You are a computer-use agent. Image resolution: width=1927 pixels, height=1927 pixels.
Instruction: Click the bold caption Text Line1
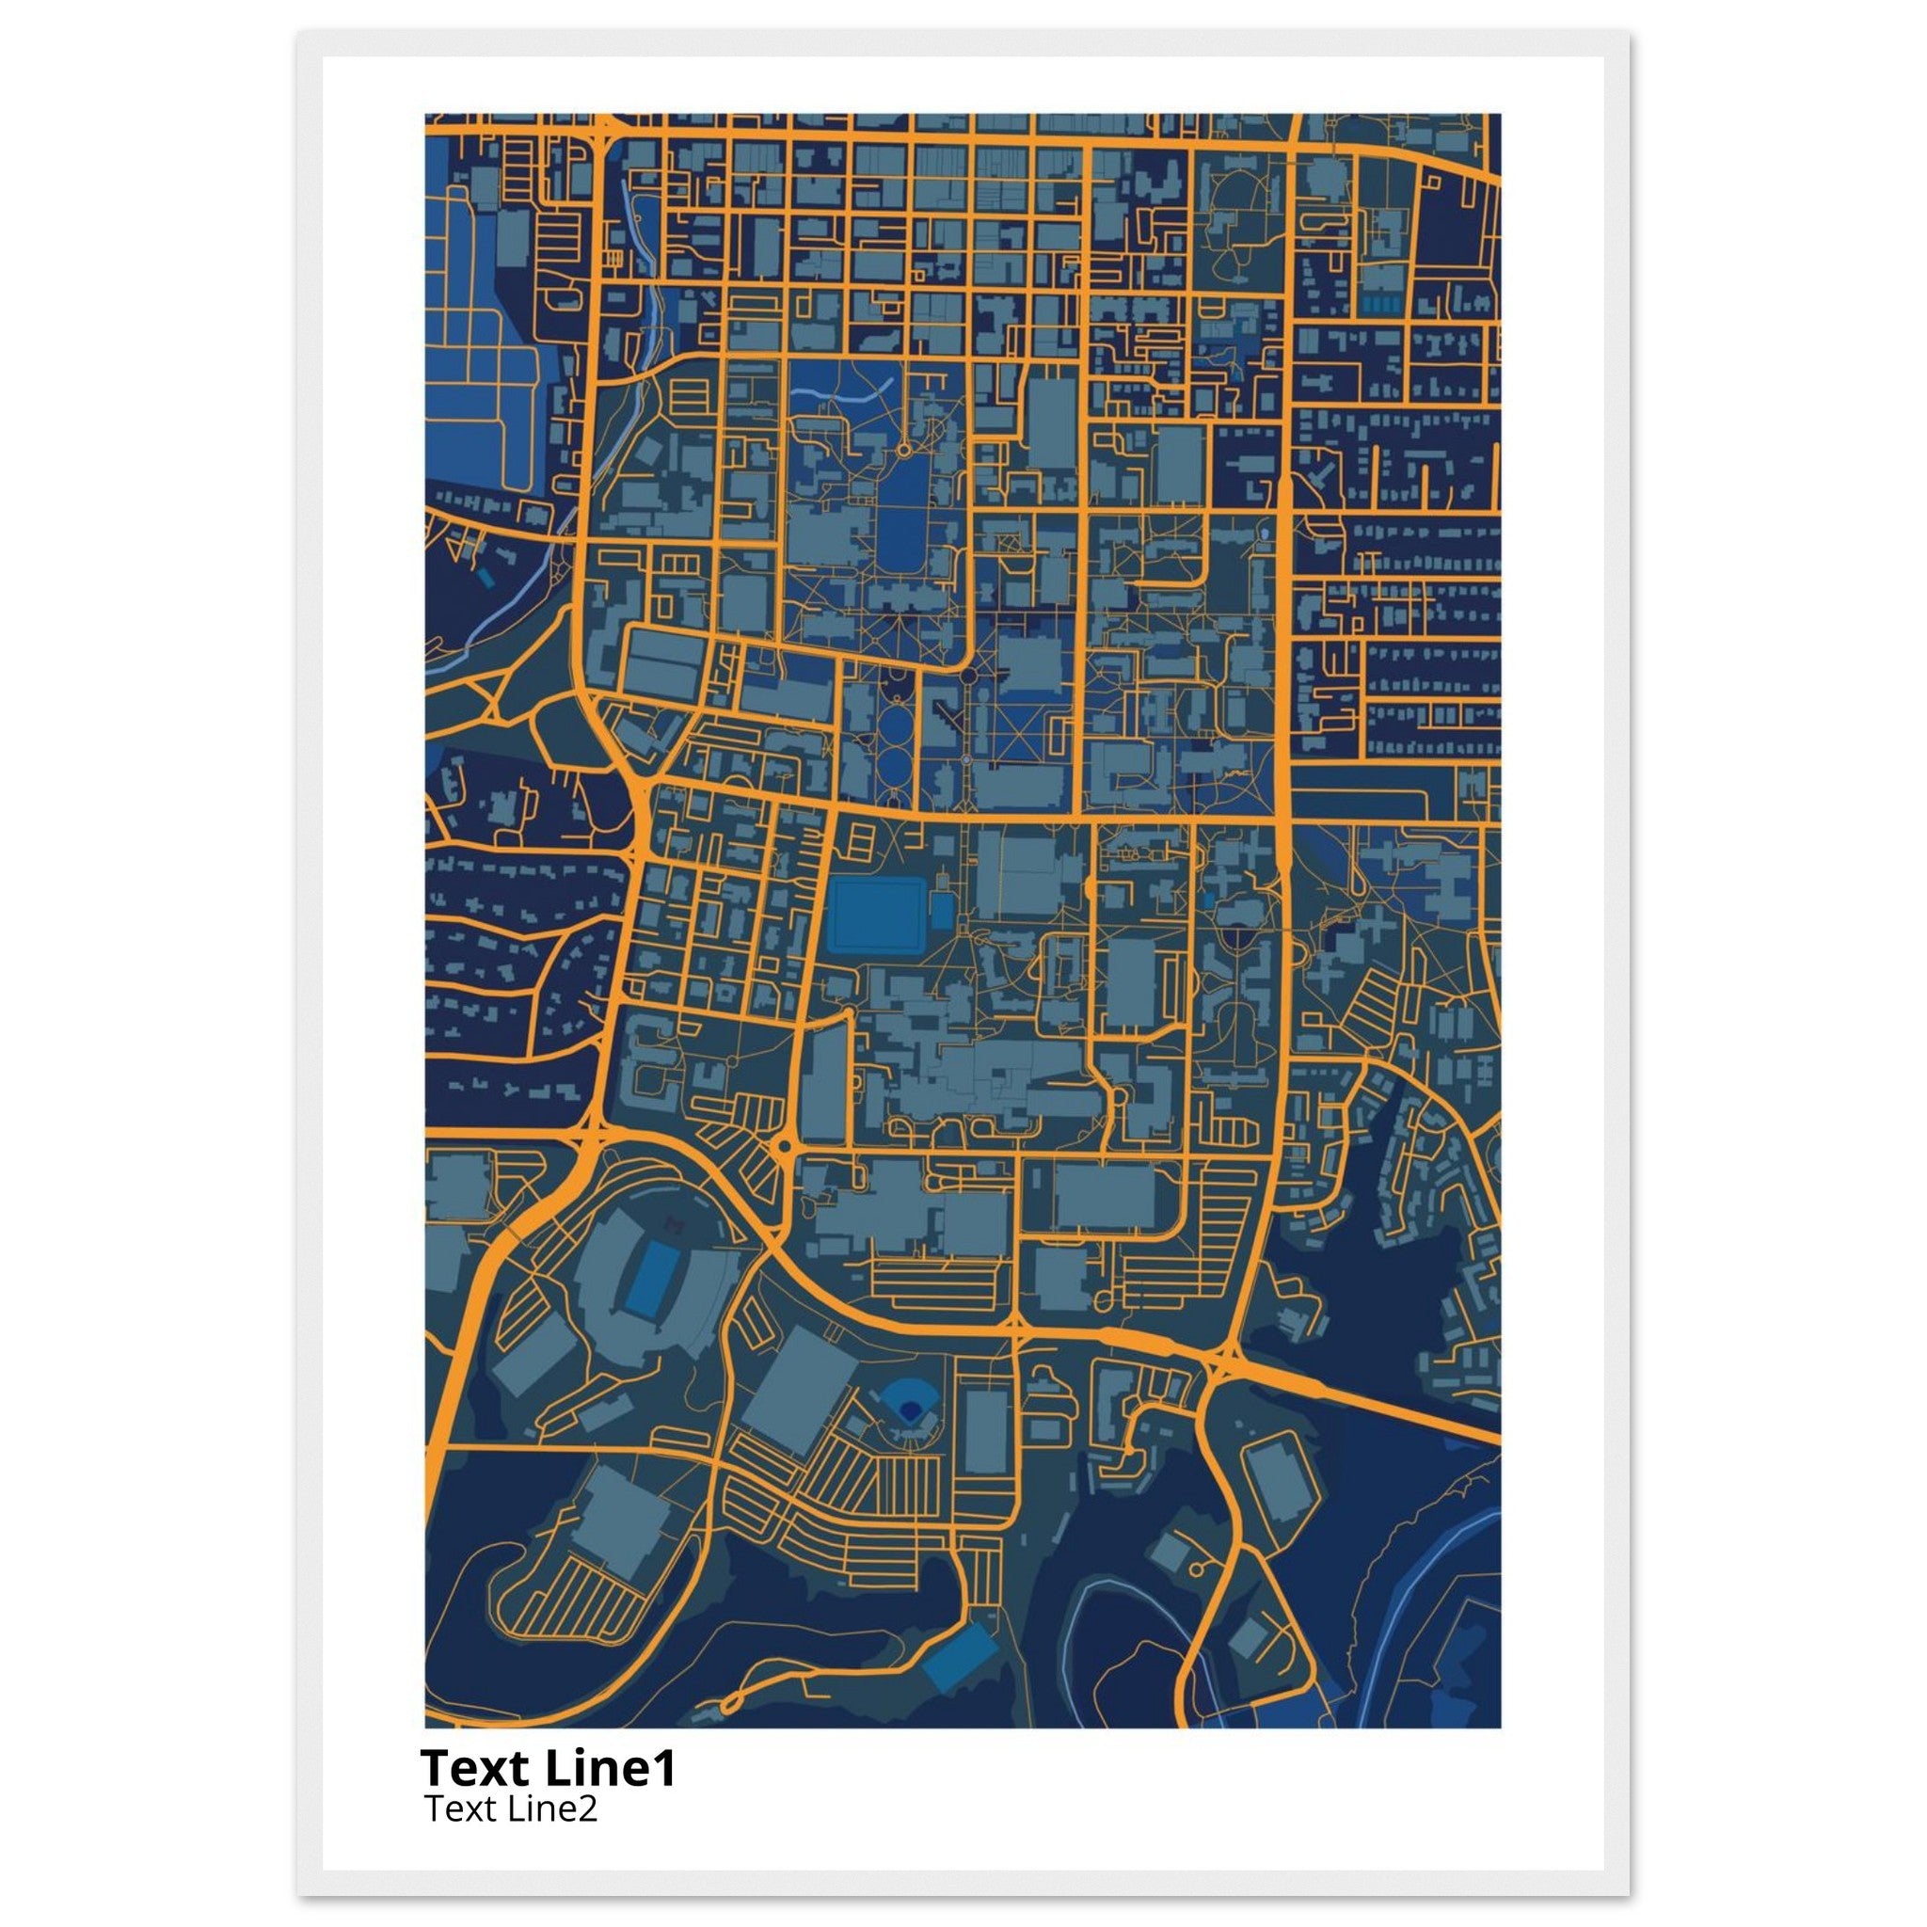(x=548, y=1767)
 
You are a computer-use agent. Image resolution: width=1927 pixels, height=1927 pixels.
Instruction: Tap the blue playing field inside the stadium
(x=653, y=1279)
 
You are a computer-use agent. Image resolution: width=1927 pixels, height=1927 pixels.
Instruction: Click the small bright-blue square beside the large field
(x=942, y=911)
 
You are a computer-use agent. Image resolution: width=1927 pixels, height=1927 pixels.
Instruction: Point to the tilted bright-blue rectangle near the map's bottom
(x=958, y=1657)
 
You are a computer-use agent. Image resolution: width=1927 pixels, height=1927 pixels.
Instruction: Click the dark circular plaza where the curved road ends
(x=967, y=677)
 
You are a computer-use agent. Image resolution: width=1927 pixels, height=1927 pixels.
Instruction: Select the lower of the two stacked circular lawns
(x=895, y=766)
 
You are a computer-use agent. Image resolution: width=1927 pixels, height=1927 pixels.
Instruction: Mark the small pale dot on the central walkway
(x=966, y=761)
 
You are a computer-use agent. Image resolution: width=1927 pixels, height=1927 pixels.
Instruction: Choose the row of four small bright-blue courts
(x=1379, y=301)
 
